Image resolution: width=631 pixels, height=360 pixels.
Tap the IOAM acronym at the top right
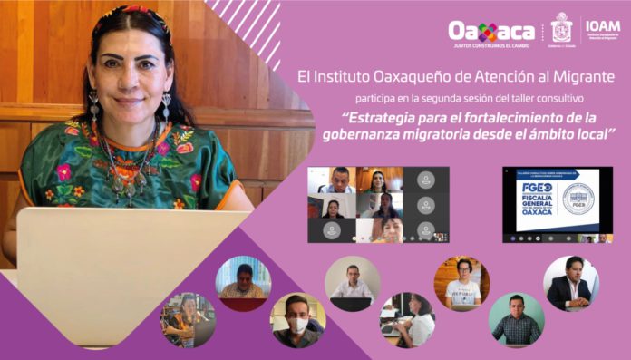[x=603, y=25]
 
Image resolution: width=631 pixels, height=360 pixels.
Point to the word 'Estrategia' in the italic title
[x=380, y=118]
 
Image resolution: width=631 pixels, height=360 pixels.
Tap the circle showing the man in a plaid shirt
[x=516, y=319]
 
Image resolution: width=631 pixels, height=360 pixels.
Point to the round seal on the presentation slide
[x=578, y=198]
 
